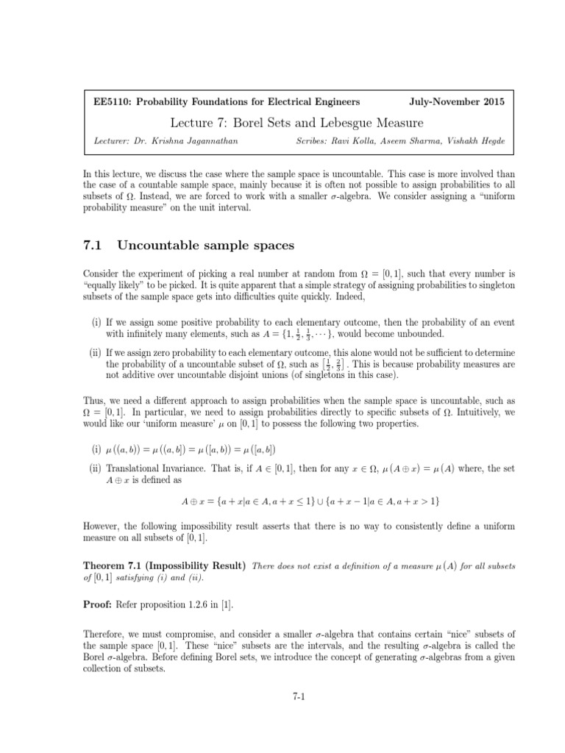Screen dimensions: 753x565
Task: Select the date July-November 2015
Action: [456, 101]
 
